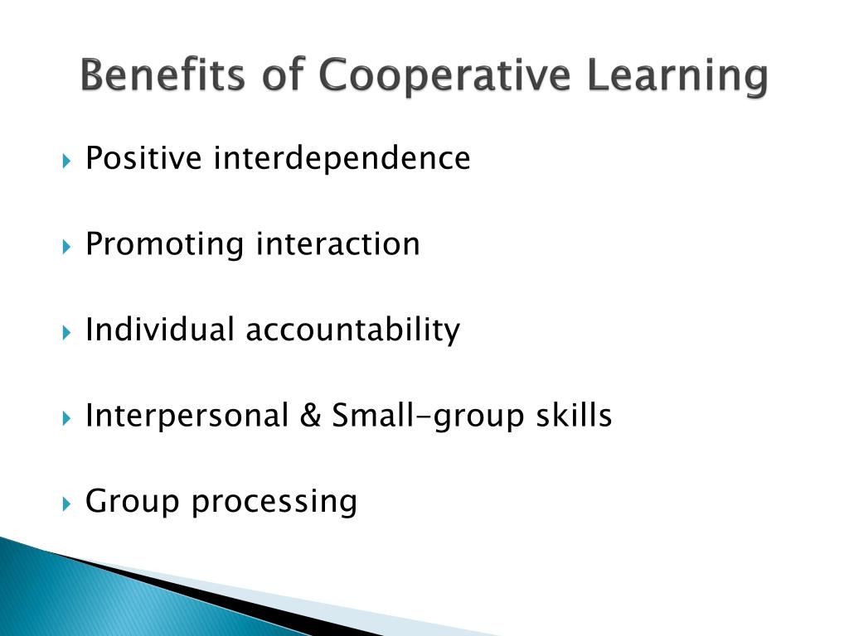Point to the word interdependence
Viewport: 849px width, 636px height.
[x=342, y=157]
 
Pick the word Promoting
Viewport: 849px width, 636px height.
[x=165, y=243]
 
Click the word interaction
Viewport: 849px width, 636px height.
[x=337, y=243]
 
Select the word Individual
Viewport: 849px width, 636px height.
[x=160, y=330]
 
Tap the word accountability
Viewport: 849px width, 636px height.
[x=352, y=331]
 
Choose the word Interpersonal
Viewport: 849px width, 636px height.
[x=187, y=416]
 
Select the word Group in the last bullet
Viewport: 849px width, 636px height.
[x=133, y=502]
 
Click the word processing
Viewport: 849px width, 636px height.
[x=274, y=502]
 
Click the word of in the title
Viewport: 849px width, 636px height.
[x=282, y=76]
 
